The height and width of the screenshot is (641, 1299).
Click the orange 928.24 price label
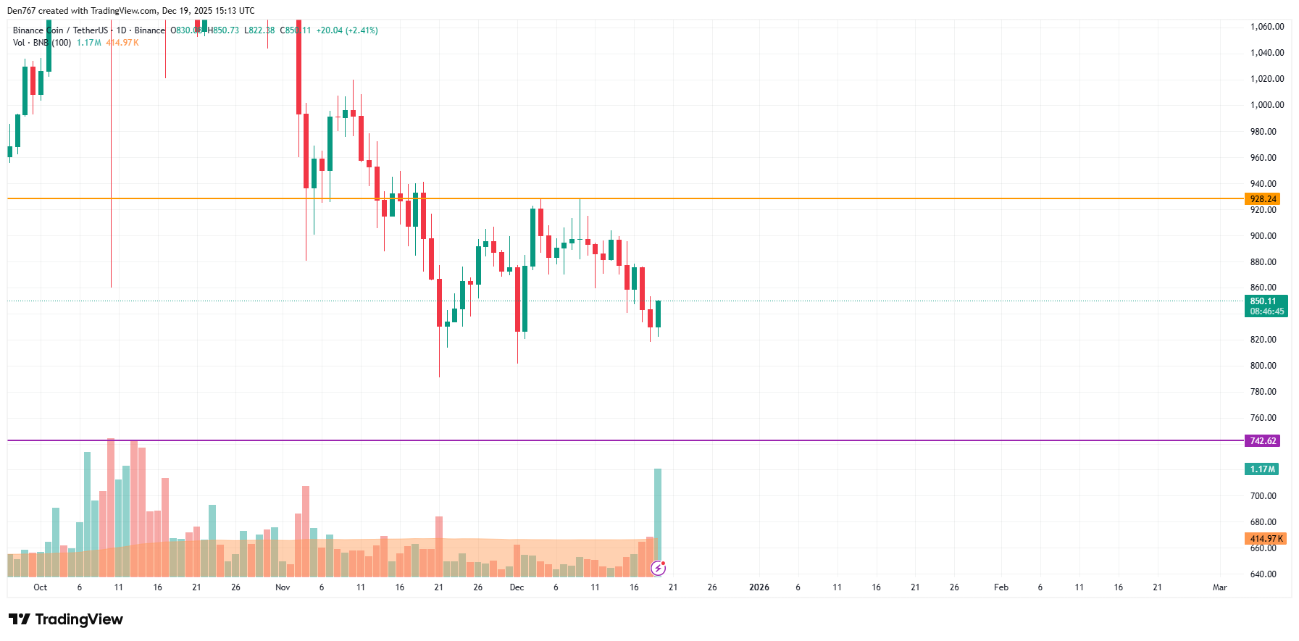pos(1262,199)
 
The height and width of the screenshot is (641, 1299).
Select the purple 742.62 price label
pos(1262,441)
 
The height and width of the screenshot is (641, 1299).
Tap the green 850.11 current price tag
pos(1266,306)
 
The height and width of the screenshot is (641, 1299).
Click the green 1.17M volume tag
pos(1261,469)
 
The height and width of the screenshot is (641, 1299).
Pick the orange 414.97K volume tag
pos(1264,539)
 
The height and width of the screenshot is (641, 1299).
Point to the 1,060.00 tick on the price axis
pos(1266,27)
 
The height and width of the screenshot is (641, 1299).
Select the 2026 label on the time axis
pos(759,587)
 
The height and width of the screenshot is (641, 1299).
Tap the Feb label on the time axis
pos(1001,587)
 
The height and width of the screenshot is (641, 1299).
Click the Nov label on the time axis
pos(283,587)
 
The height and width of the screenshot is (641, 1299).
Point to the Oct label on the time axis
pos(41,587)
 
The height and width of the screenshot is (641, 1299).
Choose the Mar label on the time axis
pos(1219,587)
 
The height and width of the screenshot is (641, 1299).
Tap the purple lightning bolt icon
pos(658,568)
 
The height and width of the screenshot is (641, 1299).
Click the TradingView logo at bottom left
pos(66,619)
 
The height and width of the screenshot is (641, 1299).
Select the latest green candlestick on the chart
pos(658,314)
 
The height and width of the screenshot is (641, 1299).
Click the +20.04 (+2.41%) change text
pos(347,30)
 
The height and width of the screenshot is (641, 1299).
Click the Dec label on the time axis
pos(517,587)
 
